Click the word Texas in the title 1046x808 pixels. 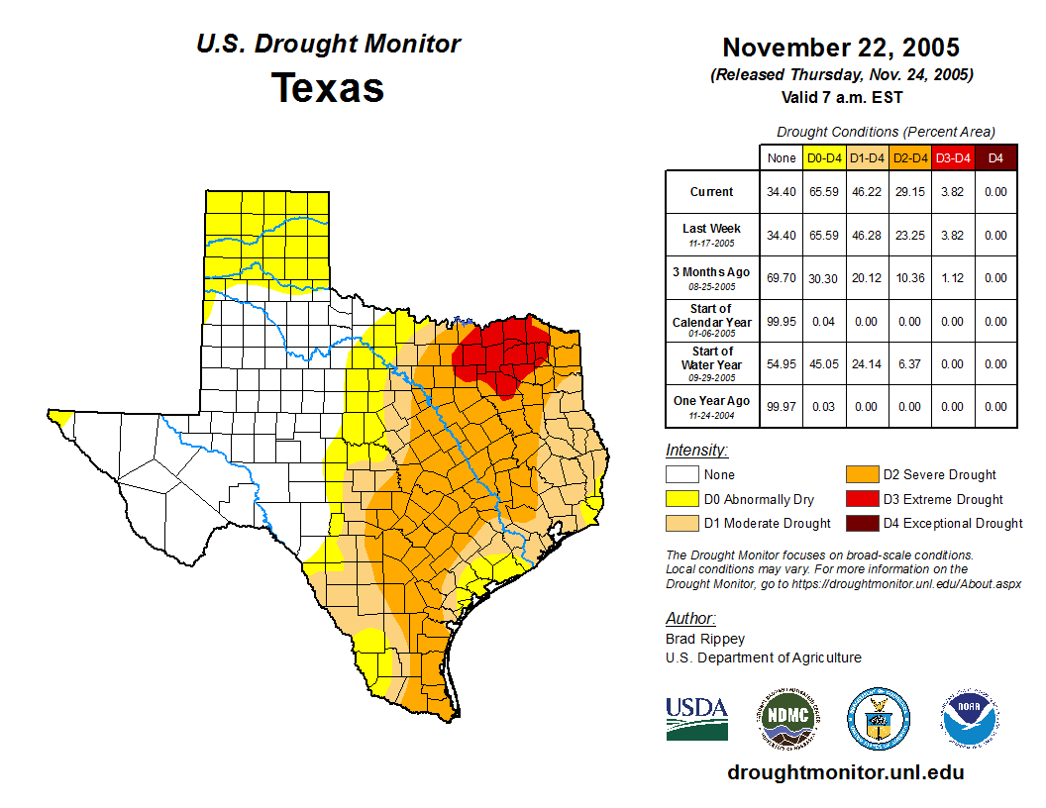(x=328, y=87)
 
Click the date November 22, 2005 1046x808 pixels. (x=841, y=48)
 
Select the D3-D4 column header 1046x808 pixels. (x=952, y=157)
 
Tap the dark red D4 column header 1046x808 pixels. (x=995, y=157)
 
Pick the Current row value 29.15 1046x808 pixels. (x=909, y=192)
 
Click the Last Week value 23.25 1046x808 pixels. (x=909, y=236)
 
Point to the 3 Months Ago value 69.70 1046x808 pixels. (x=782, y=278)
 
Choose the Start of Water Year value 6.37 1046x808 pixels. (x=909, y=363)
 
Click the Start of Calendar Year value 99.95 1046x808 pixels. (x=782, y=321)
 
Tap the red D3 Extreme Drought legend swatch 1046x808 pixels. (x=860, y=499)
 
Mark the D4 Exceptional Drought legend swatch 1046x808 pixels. (x=860, y=523)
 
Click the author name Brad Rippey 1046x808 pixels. (x=705, y=639)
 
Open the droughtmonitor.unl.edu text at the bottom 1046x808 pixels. (x=845, y=772)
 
